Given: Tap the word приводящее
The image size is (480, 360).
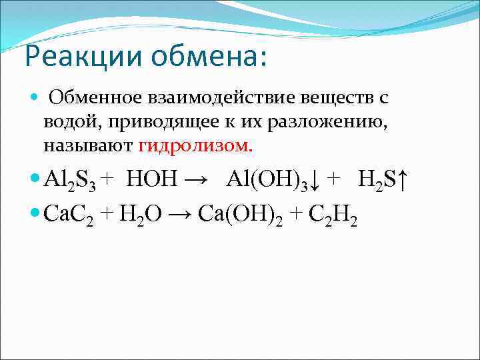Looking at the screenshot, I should [160, 122].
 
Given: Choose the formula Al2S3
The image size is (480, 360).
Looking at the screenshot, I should [71, 179].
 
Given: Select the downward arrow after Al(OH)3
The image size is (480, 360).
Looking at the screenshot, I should [314, 180].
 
